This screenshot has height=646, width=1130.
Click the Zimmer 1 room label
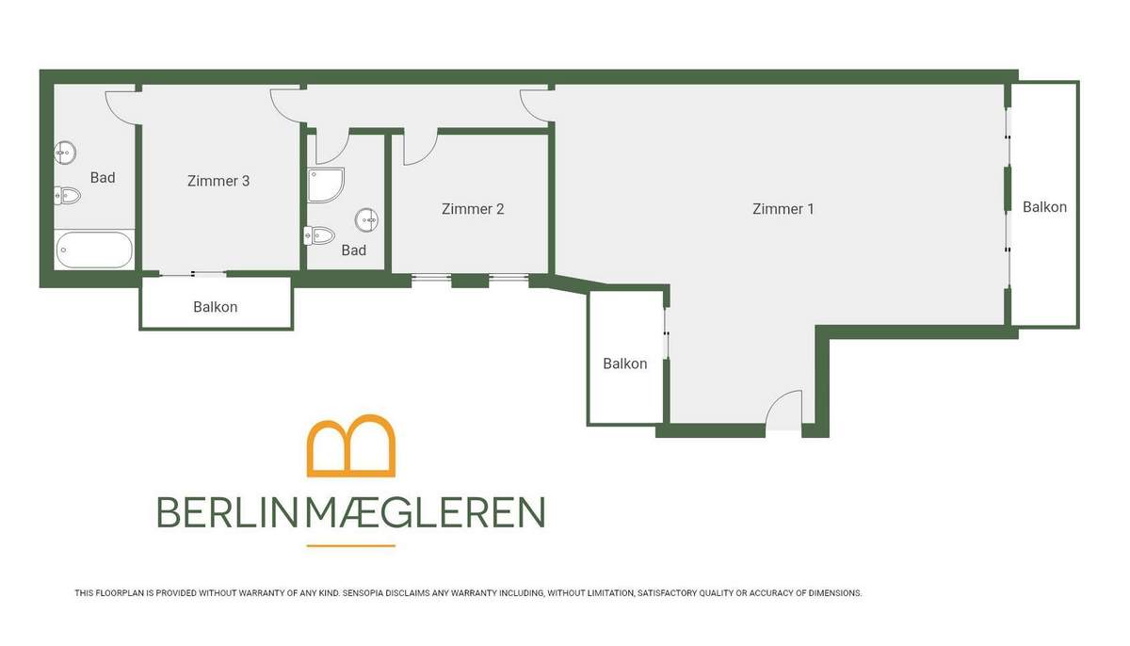[783, 209]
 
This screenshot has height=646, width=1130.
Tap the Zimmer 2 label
[473, 209]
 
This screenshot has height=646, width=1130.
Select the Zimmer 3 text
[218, 181]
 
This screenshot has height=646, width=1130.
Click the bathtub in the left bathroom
[94, 250]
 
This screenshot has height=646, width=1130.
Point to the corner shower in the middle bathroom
[326, 186]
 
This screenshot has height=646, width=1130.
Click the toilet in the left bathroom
[67, 195]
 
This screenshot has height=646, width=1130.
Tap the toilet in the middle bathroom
[319, 235]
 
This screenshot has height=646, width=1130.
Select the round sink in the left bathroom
[65, 152]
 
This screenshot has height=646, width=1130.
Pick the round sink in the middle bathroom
[366, 220]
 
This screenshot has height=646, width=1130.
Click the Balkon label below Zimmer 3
[216, 307]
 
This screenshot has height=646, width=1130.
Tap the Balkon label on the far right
[1044, 207]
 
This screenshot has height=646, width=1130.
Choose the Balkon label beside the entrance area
[625, 363]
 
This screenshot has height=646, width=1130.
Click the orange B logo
[351, 445]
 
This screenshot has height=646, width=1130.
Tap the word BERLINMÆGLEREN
[351, 512]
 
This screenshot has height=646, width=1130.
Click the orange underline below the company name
[351, 545]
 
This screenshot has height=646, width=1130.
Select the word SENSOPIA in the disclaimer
[362, 593]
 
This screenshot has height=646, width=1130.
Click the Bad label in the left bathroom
[103, 178]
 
